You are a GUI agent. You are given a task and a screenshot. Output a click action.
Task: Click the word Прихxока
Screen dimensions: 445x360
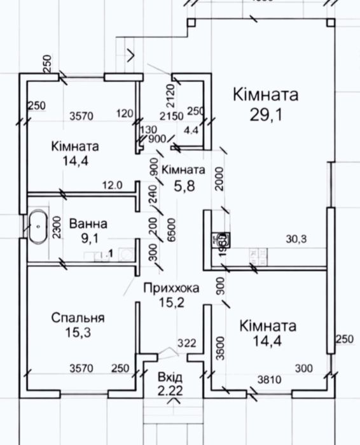(170, 288)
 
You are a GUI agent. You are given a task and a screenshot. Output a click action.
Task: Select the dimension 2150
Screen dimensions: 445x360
(171, 116)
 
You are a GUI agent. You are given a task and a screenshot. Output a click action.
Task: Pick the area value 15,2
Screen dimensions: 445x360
(170, 304)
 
